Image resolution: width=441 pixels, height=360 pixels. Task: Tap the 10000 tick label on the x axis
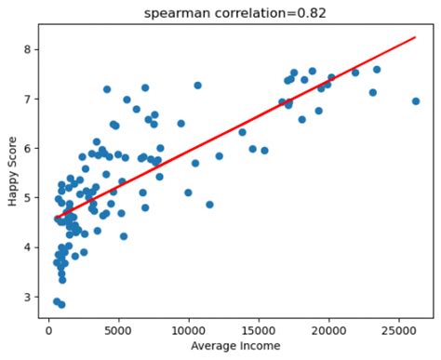pos(189,327)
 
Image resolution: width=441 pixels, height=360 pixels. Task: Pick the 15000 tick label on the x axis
pos(259,327)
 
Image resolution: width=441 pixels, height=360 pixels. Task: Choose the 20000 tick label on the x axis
pos(328,327)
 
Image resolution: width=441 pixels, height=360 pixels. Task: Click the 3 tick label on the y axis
pos(29,297)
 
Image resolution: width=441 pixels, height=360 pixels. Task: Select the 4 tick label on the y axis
pos(29,247)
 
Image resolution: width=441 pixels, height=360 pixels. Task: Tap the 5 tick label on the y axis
pos(29,198)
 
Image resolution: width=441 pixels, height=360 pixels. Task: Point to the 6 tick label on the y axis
pos(29,148)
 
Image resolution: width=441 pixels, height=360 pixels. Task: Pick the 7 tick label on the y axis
pos(29,99)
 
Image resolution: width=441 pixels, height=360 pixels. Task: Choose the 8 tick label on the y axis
pos(29,49)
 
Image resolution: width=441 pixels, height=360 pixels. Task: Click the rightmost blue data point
pos(416,101)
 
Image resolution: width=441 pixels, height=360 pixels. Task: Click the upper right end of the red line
pos(415,38)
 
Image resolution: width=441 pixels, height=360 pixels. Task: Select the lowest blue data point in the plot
pos(61,304)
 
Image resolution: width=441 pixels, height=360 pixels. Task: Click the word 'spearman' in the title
pos(177,12)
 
